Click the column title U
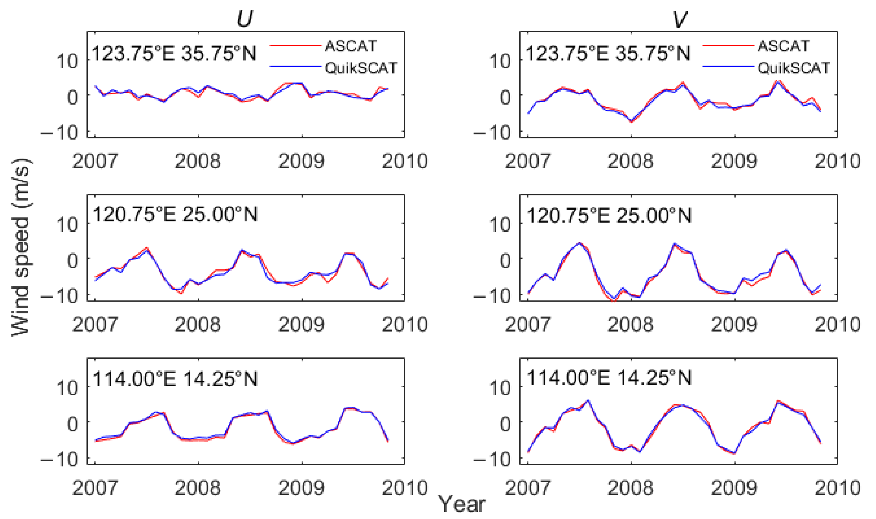pos(244,19)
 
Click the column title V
pos(680,19)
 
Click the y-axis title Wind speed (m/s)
pos(22,247)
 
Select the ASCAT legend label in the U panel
pos(350,46)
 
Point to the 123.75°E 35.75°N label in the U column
pos(174,53)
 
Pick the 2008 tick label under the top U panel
pos(197,161)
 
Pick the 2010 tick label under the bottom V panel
pos(838,488)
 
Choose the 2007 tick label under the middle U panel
pos(95,324)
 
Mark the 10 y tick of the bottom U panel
pos(67,388)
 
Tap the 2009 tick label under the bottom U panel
pos(301,488)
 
